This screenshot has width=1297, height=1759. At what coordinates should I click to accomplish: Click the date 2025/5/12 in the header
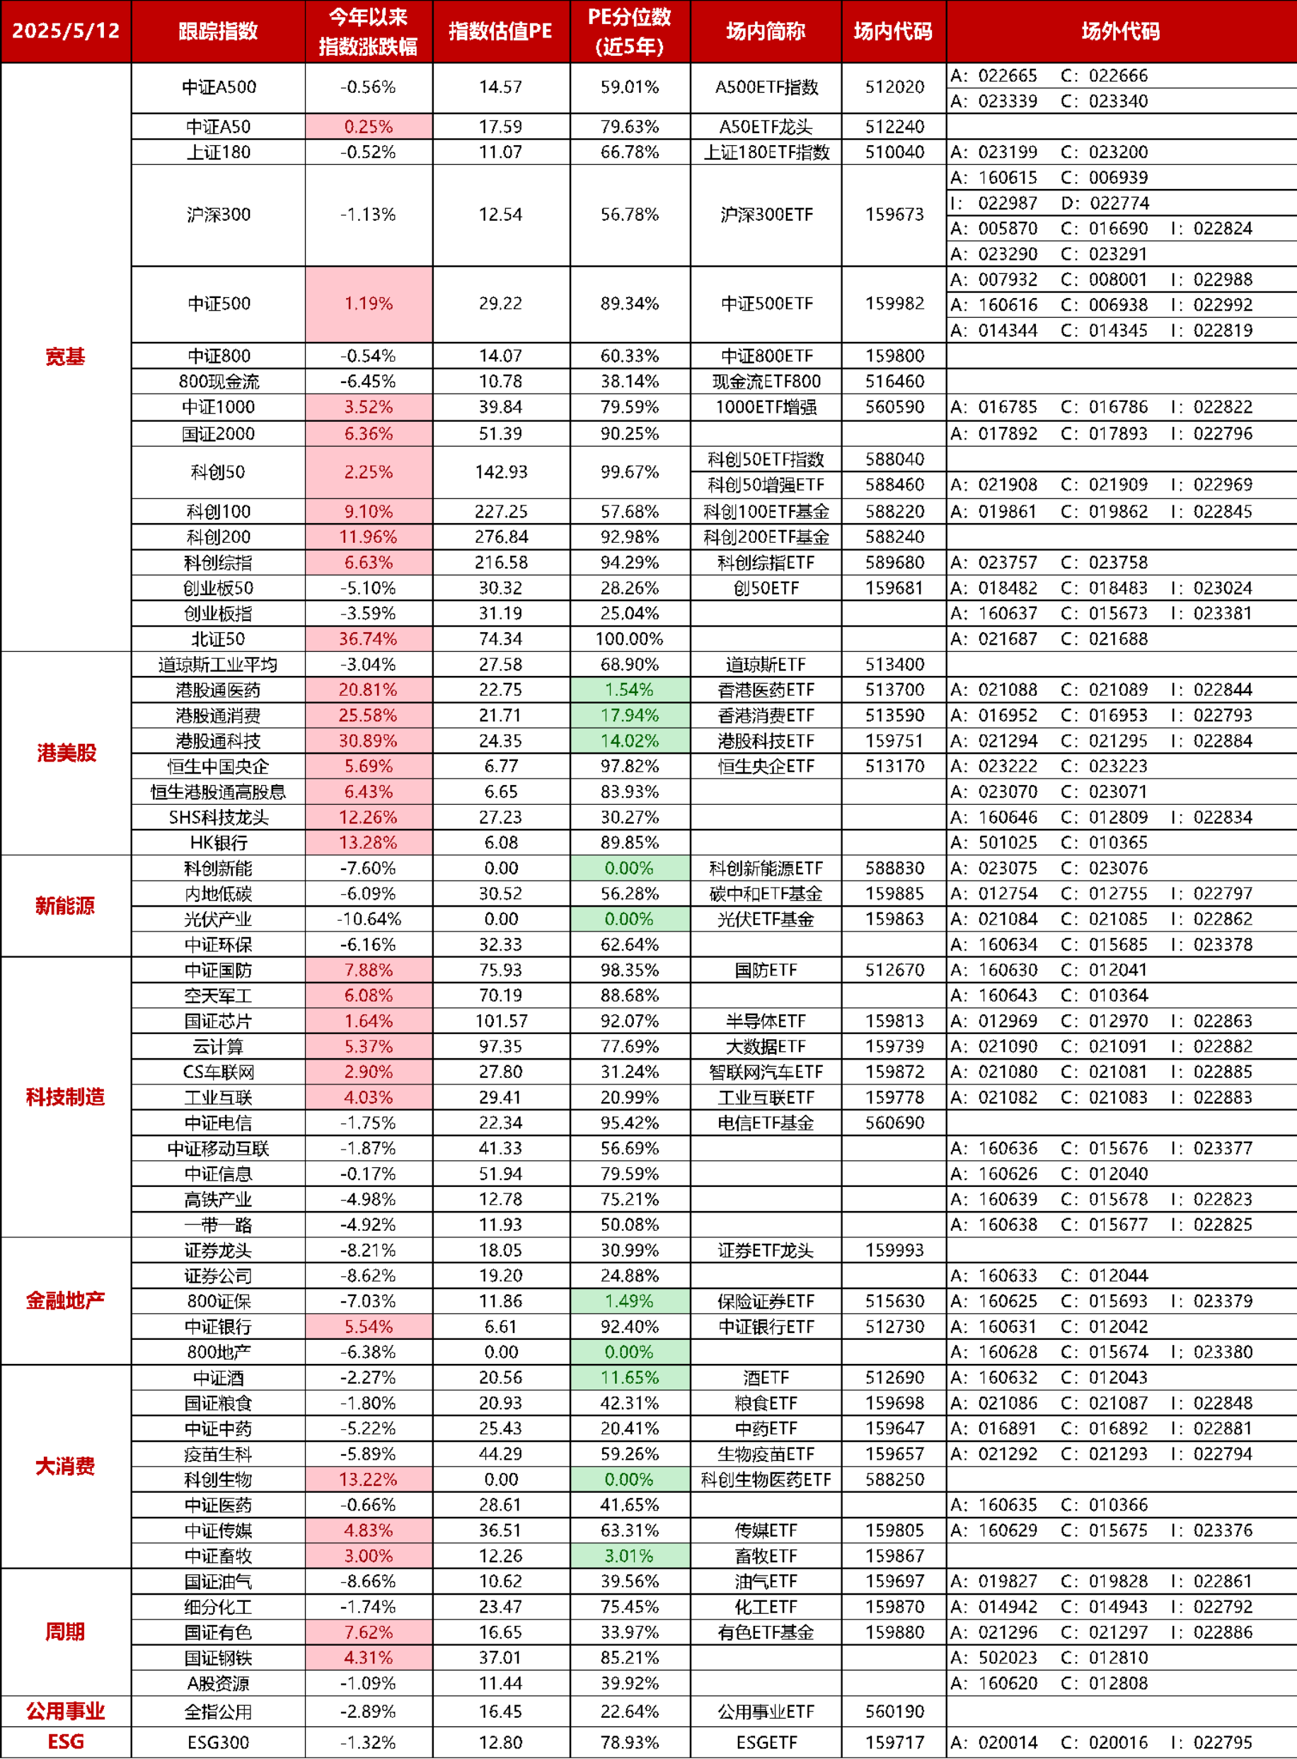[66, 31]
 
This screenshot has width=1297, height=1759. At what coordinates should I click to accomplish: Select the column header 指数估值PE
[501, 31]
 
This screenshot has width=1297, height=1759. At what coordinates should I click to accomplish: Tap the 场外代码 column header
[1121, 31]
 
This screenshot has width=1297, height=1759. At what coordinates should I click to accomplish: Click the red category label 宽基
[65, 357]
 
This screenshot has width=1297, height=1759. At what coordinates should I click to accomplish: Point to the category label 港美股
[66, 753]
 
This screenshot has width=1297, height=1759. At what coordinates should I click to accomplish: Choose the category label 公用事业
[66, 1711]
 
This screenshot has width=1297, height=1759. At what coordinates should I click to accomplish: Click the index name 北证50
[218, 639]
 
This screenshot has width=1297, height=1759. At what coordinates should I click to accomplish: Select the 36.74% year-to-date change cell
[368, 639]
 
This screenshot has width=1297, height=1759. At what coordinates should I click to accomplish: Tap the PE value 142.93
[501, 472]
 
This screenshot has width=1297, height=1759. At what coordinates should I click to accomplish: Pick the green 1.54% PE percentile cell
[630, 689]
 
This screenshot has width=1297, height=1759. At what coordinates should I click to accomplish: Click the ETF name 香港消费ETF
[766, 716]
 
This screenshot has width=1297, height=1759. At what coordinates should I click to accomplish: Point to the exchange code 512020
[895, 87]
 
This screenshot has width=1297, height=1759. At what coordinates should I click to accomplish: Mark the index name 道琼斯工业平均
[218, 665]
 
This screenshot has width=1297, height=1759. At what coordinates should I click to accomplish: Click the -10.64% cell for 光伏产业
[368, 919]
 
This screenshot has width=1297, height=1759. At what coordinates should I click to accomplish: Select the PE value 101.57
[501, 1021]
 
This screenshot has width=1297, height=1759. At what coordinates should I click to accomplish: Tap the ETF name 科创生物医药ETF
[766, 1479]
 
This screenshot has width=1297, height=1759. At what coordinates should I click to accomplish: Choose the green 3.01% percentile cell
[630, 1556]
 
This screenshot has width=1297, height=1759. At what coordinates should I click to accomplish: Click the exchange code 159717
[895, 1742]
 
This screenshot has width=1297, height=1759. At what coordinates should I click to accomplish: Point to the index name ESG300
[218, 1742]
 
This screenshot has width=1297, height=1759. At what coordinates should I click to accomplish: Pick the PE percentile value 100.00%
[630, 639]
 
